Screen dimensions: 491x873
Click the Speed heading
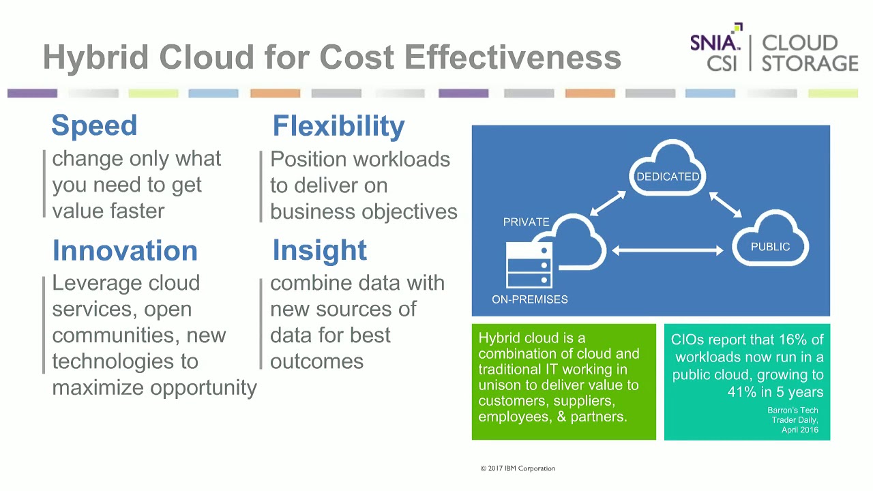(x=94, y=125)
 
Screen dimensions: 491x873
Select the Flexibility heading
(x=338, y=126)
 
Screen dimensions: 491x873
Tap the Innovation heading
(x=125, y=250)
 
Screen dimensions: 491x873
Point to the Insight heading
(x=319, y=250)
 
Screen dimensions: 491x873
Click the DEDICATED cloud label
(x=668, y=177)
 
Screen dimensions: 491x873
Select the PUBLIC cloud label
(x=770, y=247)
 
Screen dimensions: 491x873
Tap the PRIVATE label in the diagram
(x=526, y=222)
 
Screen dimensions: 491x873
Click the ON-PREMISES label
(x=529, y=299)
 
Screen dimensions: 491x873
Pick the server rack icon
(x=529, y=266)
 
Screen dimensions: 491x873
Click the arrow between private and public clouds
(x=668, y=251)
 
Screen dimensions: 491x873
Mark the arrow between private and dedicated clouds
(x=608, y=204)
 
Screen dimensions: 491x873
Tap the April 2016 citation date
(x=799, y=430)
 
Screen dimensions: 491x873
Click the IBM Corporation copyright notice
(x=518, y=468)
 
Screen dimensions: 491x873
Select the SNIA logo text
(x=714, y=43)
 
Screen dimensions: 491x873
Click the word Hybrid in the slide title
(x=95, y=57)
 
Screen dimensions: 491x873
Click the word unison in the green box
(x=500, y=385)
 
